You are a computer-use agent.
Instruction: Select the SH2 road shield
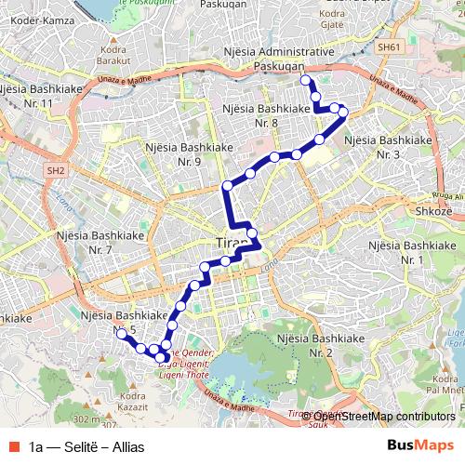tap(58, 170)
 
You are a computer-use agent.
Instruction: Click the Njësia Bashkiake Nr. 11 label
tap(40, 95)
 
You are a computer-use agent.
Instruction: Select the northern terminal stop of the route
tap(306, 82)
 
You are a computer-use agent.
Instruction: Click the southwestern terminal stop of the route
tap(122, 333)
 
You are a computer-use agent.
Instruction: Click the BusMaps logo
tap(420, 446)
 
